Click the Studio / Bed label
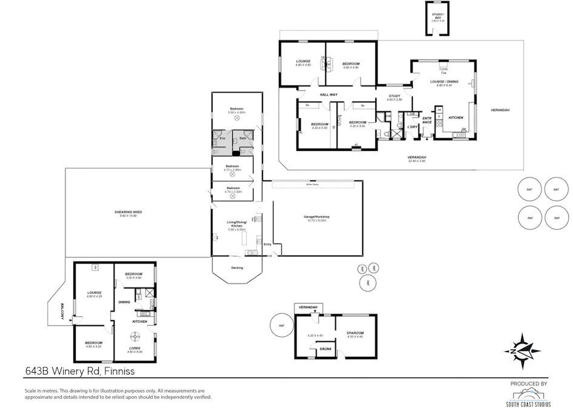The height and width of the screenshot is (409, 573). click(438, 17)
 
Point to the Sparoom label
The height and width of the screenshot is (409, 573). click(354, 334)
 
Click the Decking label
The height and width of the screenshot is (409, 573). click(237, 267)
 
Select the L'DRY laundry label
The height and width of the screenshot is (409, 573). click(412, 127)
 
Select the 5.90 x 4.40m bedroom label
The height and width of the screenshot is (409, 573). click(236, 111)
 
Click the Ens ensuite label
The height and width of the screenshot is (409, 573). click(222, 139)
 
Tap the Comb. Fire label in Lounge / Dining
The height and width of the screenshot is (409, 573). click(443, 70)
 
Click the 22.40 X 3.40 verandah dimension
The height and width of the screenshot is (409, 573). click(417, 161)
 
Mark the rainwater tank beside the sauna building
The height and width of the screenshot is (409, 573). click(281, 325)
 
